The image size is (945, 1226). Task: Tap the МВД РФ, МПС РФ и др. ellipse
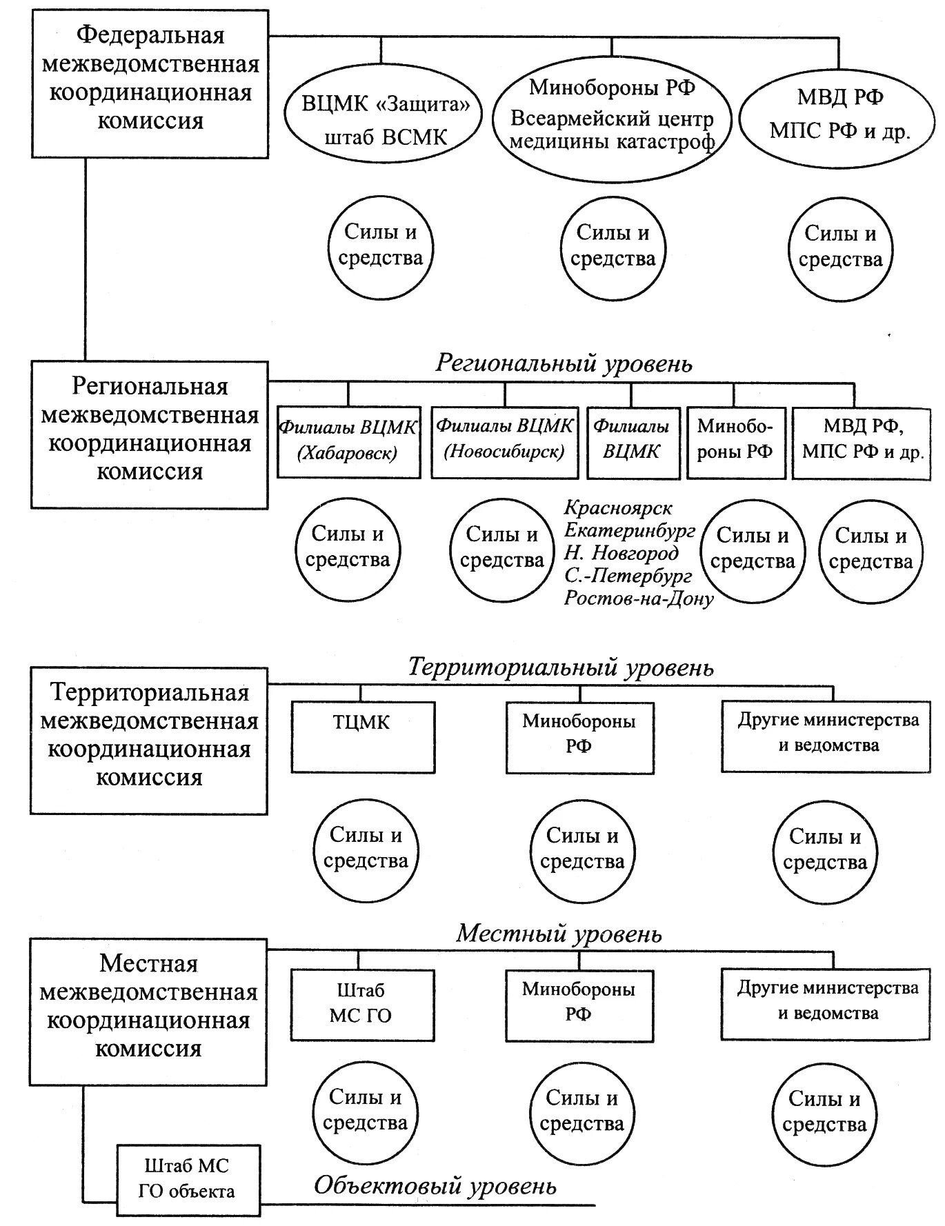[x=839, y=114]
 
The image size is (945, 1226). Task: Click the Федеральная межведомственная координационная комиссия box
[x=150, y=83]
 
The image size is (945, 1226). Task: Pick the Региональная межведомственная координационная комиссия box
[x=150, y=434]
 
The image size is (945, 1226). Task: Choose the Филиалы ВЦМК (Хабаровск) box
[x=348, y=441]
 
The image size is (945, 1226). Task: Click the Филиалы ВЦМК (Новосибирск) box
[x=504, y=441]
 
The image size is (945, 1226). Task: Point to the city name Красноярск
[x=617, y=508]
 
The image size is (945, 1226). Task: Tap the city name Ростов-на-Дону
[x=638, y=598]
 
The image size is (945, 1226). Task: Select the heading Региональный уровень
[x=563, y=363]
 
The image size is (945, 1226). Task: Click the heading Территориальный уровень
[x=560, y=667]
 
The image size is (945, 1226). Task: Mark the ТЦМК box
[x=363, y=736]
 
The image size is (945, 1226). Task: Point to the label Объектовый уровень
[x=435, y=1186]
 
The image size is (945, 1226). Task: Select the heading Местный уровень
[x=559, y=934]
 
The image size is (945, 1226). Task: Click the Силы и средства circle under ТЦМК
[x=366, y=849]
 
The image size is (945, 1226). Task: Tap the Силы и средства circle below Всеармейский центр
[x=613, y=246]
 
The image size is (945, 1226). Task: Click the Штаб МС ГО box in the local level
[x=362, y=1004]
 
